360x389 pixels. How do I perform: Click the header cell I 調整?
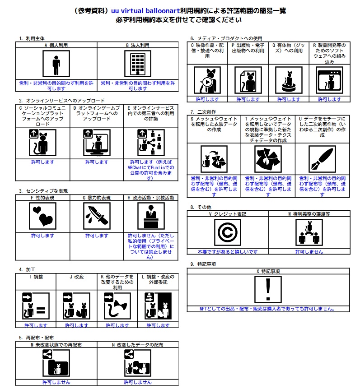36,277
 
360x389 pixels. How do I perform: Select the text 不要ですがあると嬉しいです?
228,252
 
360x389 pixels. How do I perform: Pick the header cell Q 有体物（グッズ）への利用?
288,48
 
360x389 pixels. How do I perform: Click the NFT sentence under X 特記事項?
268,309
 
